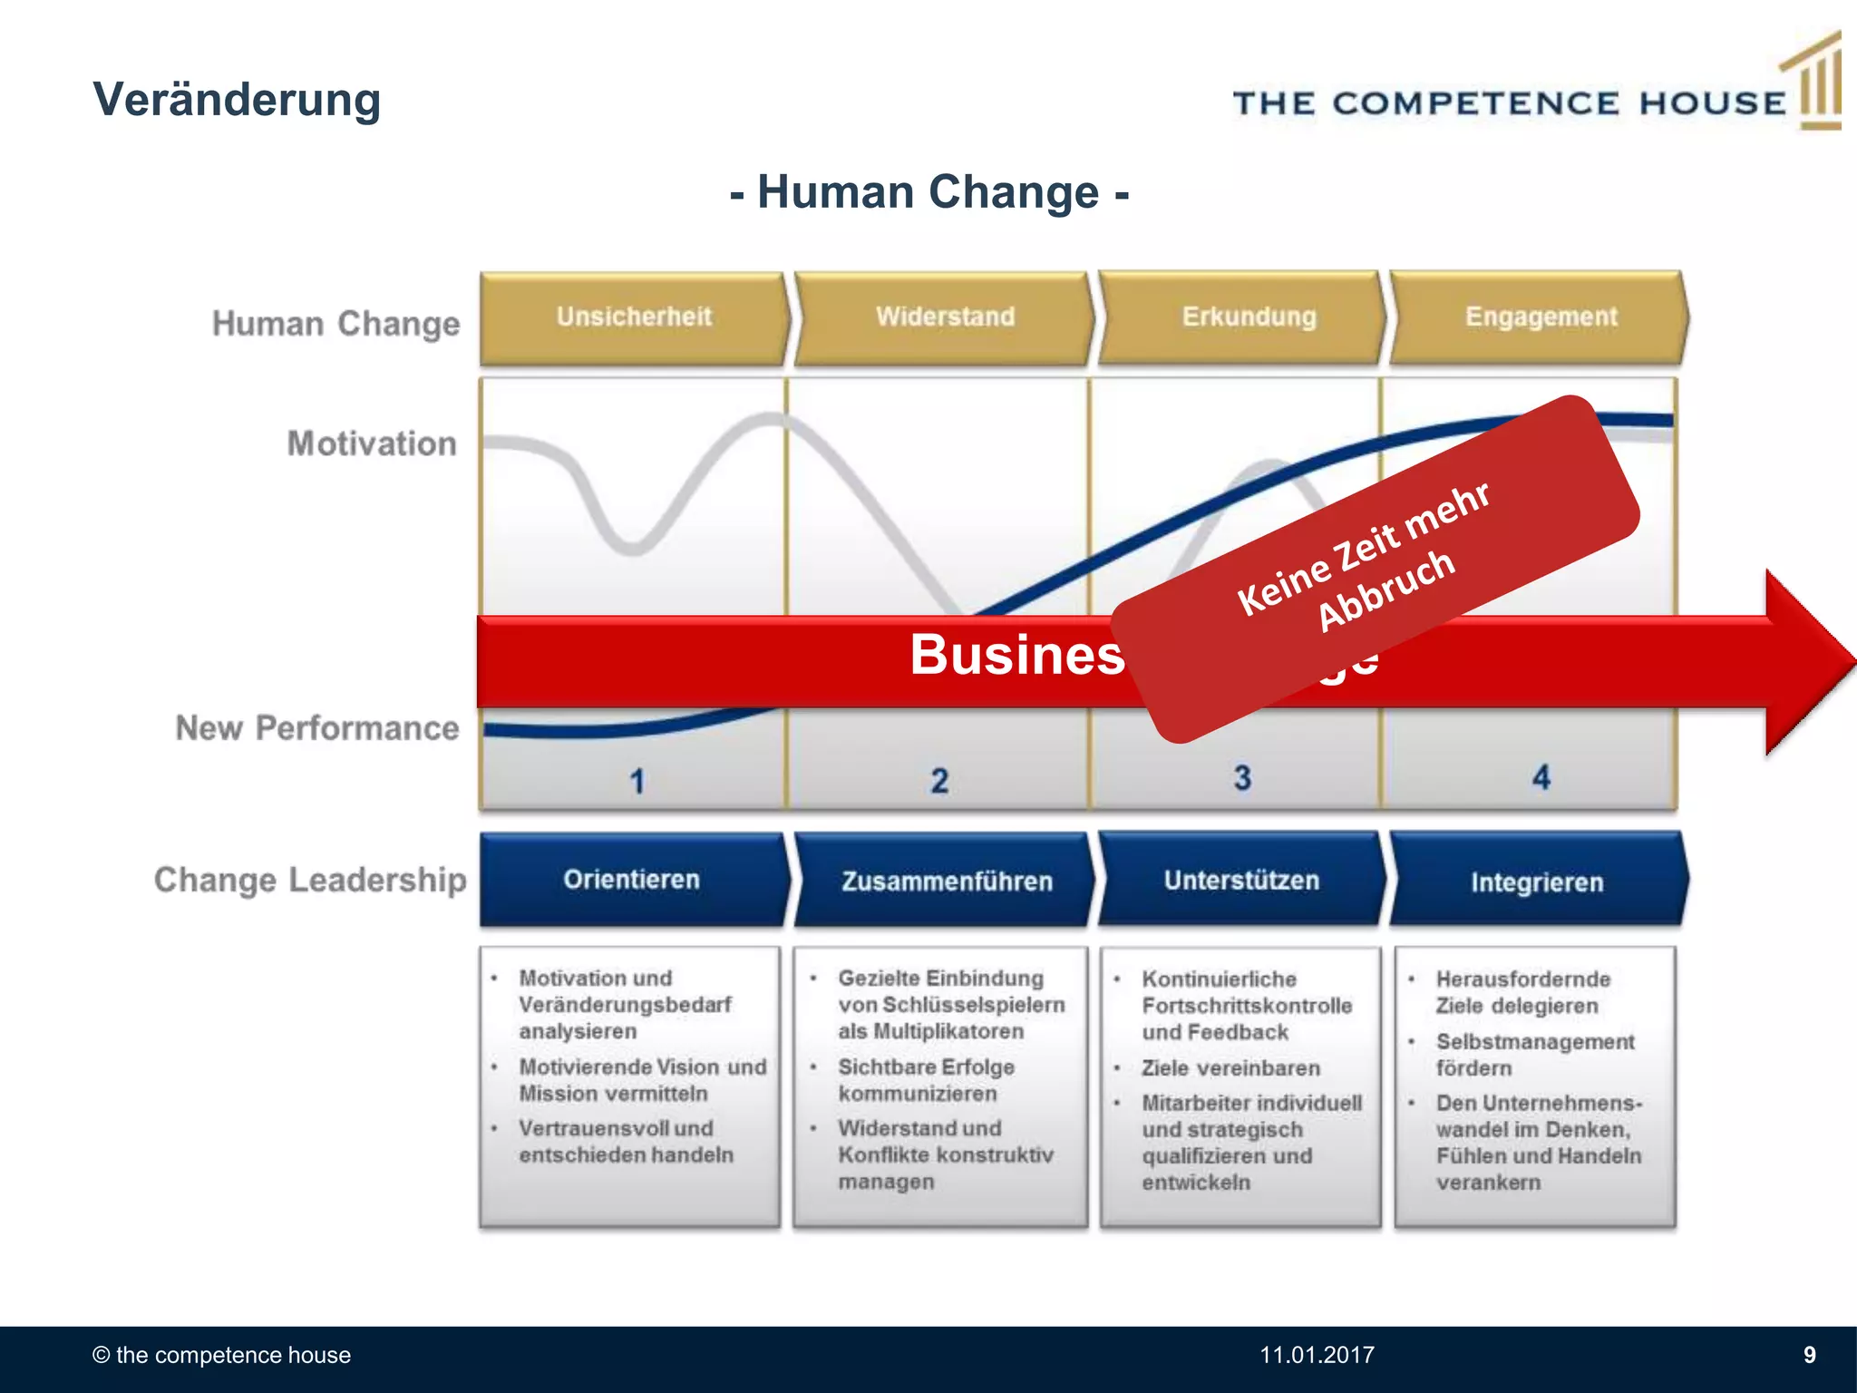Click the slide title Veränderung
click(x=237, y=100)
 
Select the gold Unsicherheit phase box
click(x=634, y=317)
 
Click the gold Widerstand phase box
click(x=945, y=317)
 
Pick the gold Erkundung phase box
click(x=1248, y=317)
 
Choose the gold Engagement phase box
click(x=1541, y=317)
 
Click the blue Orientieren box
click(x=632, y=880)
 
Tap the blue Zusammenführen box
click(x=946, y=881)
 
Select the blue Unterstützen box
click(x=1241, y=880)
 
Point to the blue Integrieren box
click(x=1537, y=882)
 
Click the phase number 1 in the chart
click(x=637, y=781)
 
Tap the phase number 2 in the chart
click(x=939, y=780)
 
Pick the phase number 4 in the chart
click(x=1541, y=777)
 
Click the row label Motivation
click(x=372, y=443)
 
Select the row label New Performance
click(x=317, y=728)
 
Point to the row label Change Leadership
click(x=310, y=880)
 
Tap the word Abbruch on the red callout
click(x=1386, y=590)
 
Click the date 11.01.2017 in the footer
click(x=1317, y=1355)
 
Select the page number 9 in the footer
click(x=1809, y=1355)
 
